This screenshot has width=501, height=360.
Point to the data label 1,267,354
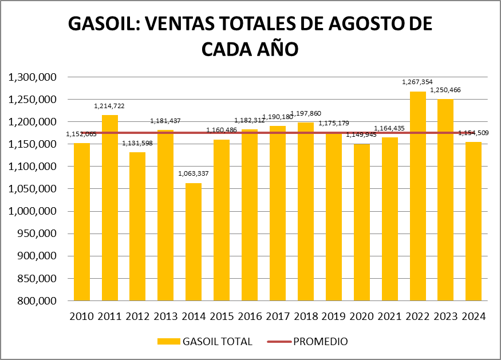(x=418, y=82)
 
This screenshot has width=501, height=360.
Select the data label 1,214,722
(x=110, y=106)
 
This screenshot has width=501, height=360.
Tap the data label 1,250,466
(x=445, y=90)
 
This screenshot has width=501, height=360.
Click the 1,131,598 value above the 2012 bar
(x=137, y=143)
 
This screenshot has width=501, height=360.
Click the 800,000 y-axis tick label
(x=35, y=301)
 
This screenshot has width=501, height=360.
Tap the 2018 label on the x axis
(x=306, y=317)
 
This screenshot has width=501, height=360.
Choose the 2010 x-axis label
(x=82, y=317)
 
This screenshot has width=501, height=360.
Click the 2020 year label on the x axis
(x=362, y=317)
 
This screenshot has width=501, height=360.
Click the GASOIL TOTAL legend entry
(x=217, y=342)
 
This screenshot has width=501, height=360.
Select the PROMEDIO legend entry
(x=320, y=342)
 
